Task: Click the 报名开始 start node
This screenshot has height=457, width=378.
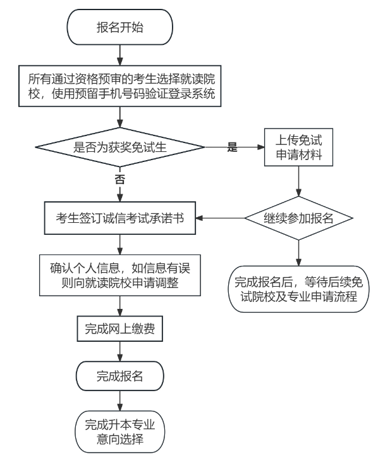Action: [x=119, y=27]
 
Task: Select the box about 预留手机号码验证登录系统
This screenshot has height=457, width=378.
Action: [x=119, y=86]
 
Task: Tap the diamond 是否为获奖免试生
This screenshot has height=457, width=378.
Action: [x=119, y=147]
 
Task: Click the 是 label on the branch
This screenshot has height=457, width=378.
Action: [x=232, y=147]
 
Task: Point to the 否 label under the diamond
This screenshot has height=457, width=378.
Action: [x=119, y=179]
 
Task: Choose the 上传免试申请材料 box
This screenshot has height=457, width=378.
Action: [x=298, y=147]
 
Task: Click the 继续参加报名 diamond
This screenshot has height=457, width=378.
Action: [x=298, y=218]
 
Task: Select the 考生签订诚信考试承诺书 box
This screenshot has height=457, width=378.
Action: [x=119, y=218]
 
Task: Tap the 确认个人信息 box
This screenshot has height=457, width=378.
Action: [x=120, y=275]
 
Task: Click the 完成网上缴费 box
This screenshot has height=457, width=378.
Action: [x=119, y=329]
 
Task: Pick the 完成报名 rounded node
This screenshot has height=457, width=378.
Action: [x=119, y=376]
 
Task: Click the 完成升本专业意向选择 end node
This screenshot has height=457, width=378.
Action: [x=119, y=432]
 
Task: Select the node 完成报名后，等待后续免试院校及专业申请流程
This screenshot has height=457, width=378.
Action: [x=298, y=289]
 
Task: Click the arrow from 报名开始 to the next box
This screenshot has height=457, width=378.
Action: [x=119, y=55]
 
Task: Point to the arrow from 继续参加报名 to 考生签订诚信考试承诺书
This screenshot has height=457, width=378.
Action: [x=220, y=218]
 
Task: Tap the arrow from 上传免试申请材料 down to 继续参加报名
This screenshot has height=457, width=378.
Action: [x=298, y=181]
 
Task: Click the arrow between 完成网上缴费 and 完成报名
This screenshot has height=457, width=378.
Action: [x=119, y=351]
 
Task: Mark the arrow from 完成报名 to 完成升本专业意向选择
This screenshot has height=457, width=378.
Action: [x=119, y=401]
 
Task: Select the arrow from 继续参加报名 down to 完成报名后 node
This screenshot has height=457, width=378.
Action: [x=298, y=253]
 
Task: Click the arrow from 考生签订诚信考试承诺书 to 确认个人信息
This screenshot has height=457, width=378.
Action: [x=119, y=244]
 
